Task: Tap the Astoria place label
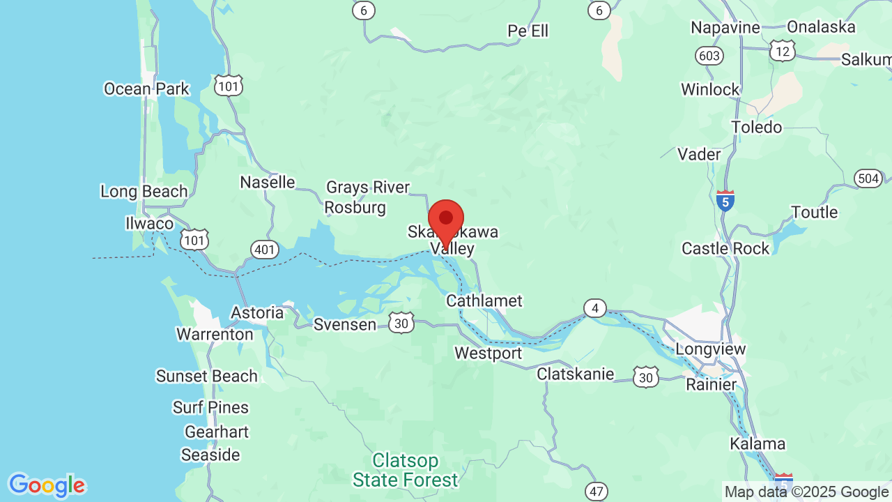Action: (x=257, y=312)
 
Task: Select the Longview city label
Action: (x=711, y=349)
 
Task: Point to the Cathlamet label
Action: (x=484, y=301)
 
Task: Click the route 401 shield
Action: (x=266, y=250)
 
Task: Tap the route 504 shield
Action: (x=868, y=178)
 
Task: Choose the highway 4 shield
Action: (x=594, y=308)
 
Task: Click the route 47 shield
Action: (x=597, y=491)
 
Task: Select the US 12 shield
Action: (x=782, y=50)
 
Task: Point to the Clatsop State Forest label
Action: (x=406, y=470)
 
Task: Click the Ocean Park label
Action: (x=146, y=89)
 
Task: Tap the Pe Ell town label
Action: (x=528, y=31)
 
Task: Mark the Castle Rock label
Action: (x=725, y=248)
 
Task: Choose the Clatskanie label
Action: (x=576, y=374)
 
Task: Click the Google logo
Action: (x=46, y=485)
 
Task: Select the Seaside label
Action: (x=210, y=455)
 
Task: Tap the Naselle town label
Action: (x=268, y=182)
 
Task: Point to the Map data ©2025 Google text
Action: (x=806, y=492)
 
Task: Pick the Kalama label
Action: (x=758, y=443)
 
